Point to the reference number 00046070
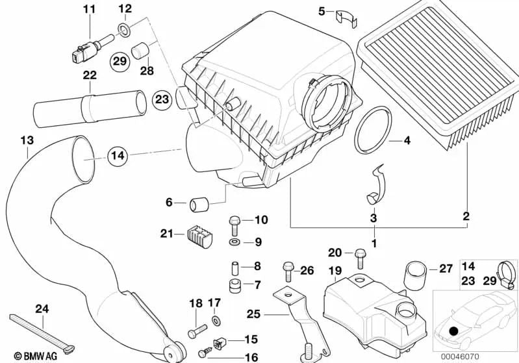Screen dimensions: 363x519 [459, 356]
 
